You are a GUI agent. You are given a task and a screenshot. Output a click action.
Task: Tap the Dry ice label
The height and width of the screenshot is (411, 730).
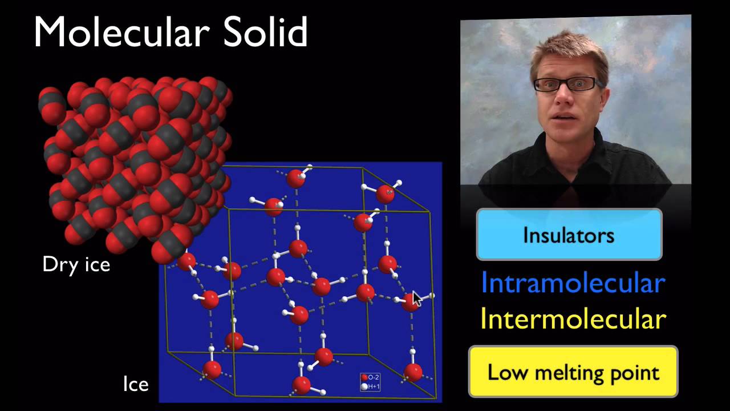click(76, 265)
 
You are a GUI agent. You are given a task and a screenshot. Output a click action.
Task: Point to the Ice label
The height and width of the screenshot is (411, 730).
click(136, 384)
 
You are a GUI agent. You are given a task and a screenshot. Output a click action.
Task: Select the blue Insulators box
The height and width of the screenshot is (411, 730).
click(569, 235)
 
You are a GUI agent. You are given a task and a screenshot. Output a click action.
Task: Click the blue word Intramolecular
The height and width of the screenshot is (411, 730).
click(573, 283)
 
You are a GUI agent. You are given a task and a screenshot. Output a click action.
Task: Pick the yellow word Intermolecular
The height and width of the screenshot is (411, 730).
click(573, 319)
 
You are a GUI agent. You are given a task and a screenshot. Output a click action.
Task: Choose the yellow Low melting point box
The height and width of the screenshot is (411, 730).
click(573, 372)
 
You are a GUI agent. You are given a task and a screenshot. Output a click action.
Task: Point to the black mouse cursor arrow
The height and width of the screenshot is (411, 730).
click(417, 299)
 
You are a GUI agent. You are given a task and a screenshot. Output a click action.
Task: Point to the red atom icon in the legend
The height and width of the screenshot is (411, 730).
click(364, 377)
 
